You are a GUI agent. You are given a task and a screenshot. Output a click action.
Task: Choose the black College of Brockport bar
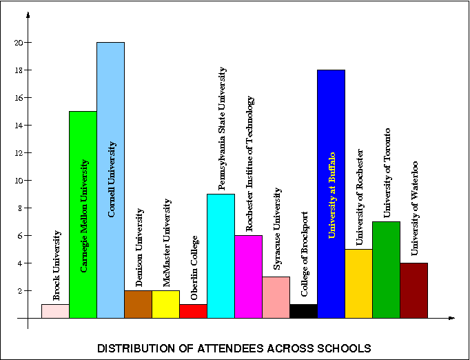point(303,311)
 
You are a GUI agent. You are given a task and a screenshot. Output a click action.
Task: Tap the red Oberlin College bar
point(193,311)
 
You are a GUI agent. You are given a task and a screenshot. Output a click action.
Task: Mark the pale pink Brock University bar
point(55,311)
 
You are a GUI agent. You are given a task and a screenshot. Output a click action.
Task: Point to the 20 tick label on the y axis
point(18,43)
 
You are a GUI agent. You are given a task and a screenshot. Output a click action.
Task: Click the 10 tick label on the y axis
point(18,181)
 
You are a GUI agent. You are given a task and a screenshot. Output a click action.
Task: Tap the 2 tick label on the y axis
point(20,291)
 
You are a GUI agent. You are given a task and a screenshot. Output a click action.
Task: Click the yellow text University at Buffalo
point(331,195)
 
